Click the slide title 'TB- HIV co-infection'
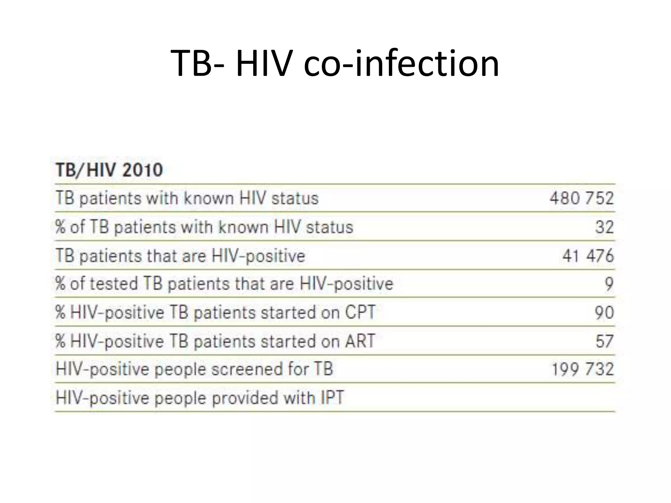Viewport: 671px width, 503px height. tap(335, 63)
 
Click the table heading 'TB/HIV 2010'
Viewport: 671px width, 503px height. tap(109, 170)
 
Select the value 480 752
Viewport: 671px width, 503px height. tap(582, 198)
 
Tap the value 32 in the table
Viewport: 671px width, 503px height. tap(604, 227)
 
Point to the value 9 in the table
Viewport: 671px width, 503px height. tap(609, 284)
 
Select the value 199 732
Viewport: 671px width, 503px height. tap(583, 369)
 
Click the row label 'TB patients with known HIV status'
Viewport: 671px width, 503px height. tap(187, 198)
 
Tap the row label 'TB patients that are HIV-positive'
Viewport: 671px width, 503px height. tap(180, 255)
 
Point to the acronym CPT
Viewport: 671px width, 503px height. tap(360, 312)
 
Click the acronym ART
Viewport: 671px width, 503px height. tap(360, 341)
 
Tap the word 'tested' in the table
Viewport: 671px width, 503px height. tap(113, 284)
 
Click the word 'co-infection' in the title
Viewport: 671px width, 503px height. tap(401, 63)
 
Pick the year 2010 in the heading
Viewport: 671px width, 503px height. tap(143, 170)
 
